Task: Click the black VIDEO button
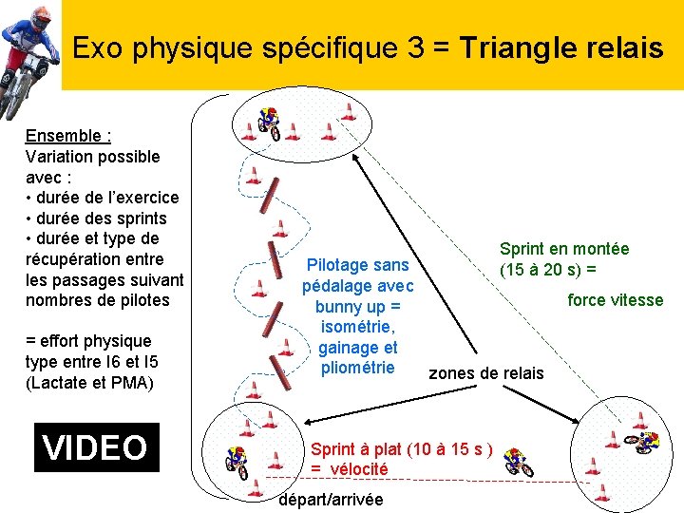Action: [x=96, y=446]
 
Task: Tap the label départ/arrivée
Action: [x=332, y=500]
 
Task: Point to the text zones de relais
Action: [x=486, y=372]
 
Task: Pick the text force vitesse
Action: [x=615, y=300]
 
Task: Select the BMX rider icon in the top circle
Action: [x=269, y=122]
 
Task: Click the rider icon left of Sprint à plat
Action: [x=236, y=460]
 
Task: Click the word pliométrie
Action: [x=358, y=368]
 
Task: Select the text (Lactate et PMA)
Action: [x=89, y=382]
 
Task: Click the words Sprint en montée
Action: [x=564, y=249]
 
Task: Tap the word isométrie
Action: [x=357, y=327]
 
